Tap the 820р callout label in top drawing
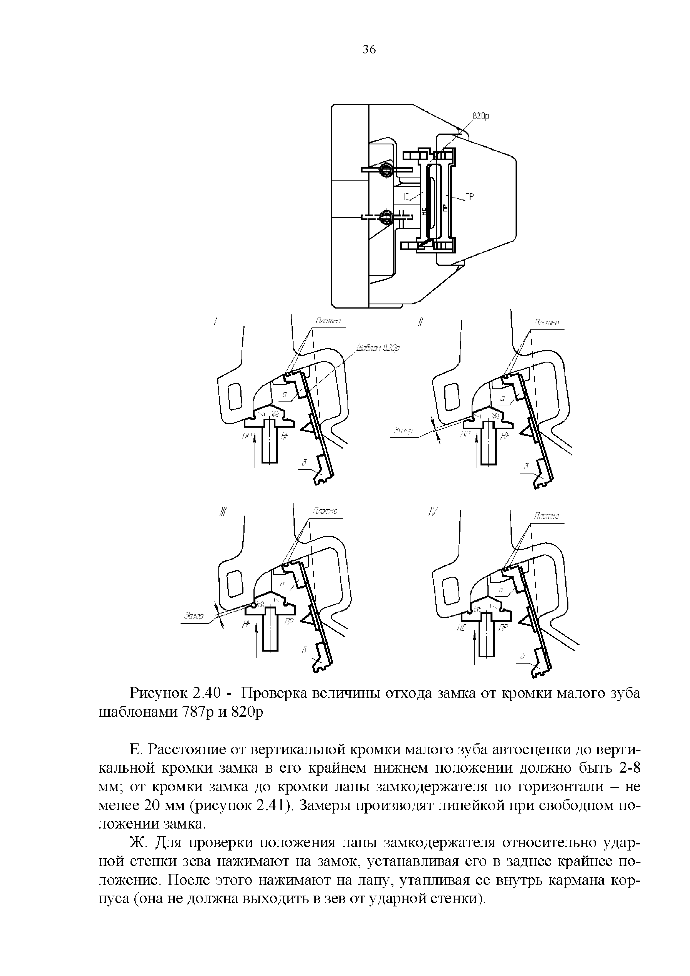click(x=481, y=116)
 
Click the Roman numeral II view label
click(x=420, y=322)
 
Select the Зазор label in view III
click(x=194, y=616)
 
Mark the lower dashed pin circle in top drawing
click(x=386, y=217)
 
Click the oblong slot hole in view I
click(x=235, y=396)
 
